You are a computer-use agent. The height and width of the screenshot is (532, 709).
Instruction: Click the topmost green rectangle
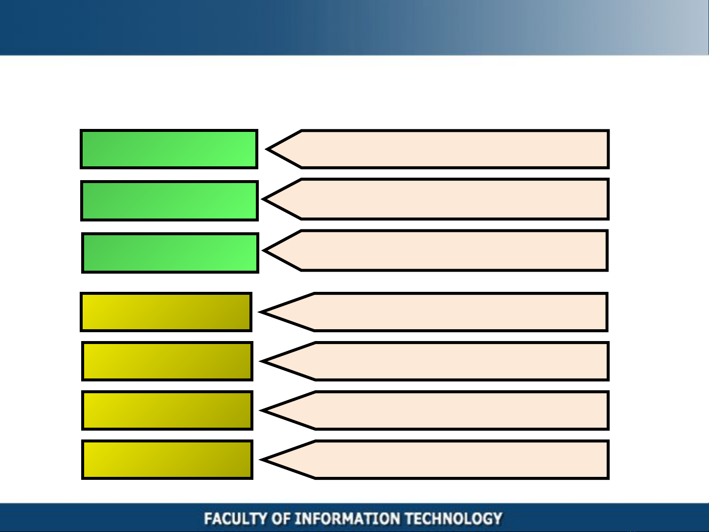[169, 149]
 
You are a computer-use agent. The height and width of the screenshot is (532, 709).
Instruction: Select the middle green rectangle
[170, 201]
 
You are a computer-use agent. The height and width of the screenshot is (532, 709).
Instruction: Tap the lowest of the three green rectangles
[170, 253]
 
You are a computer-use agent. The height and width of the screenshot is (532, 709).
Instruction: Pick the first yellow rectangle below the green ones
[166, 312]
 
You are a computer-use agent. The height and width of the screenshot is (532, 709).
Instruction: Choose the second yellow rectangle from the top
[167, 361]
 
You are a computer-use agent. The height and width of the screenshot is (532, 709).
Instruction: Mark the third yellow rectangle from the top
[167, 410]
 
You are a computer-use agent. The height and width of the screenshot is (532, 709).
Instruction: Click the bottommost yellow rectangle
[167, 460]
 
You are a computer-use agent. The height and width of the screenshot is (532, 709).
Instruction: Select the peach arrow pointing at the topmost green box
[437, 149]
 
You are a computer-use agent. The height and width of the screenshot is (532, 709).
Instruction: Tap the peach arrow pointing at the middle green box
[435, 199]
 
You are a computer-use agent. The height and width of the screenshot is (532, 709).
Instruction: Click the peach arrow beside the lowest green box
[435, 250]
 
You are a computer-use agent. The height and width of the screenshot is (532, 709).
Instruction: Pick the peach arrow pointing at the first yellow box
[433, 312]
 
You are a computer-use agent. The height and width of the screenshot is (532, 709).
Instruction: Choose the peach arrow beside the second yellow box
[434, 361]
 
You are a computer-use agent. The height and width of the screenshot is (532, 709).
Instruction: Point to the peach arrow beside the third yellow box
[434, 410]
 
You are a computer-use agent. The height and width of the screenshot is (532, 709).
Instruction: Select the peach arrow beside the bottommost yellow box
[434, 460]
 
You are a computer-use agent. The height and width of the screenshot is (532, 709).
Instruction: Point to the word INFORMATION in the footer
[347, 518]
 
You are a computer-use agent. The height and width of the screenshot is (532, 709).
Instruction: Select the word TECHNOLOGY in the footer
[454, 518]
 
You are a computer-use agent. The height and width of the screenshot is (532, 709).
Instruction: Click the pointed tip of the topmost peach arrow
[266, 149]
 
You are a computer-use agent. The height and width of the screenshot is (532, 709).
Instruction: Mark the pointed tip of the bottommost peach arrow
[260, 460]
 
